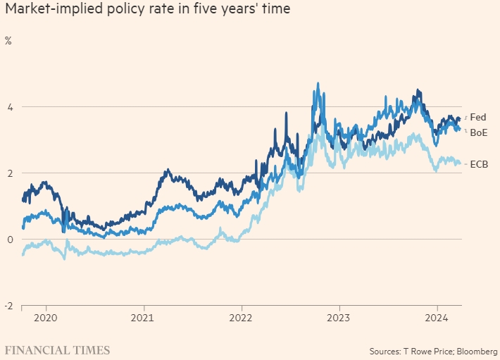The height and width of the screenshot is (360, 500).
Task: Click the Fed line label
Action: point(477,118)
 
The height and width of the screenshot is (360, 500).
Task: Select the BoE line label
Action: point(479,132)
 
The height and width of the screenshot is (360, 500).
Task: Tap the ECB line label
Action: point(479,164)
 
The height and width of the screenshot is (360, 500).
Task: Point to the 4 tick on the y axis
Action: point(10,107)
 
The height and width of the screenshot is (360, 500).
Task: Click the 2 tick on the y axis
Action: point(10,173)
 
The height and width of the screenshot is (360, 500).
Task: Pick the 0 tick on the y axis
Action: point(10,240)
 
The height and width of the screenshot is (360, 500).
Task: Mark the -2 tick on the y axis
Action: point(8,306)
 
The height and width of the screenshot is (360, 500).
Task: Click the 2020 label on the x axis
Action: point(44,318)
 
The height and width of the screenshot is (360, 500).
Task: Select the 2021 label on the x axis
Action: point(143,318)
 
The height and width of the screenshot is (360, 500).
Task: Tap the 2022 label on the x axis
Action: point(241,318)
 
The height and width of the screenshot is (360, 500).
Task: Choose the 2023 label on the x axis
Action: point(339,318)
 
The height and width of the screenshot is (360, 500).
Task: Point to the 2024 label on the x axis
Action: point(437,318)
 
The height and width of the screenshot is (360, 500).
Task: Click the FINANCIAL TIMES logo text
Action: point(57,350)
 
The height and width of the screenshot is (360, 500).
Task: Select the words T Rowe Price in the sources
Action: point(422,351)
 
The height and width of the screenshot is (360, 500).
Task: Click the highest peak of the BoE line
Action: point(318,83)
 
